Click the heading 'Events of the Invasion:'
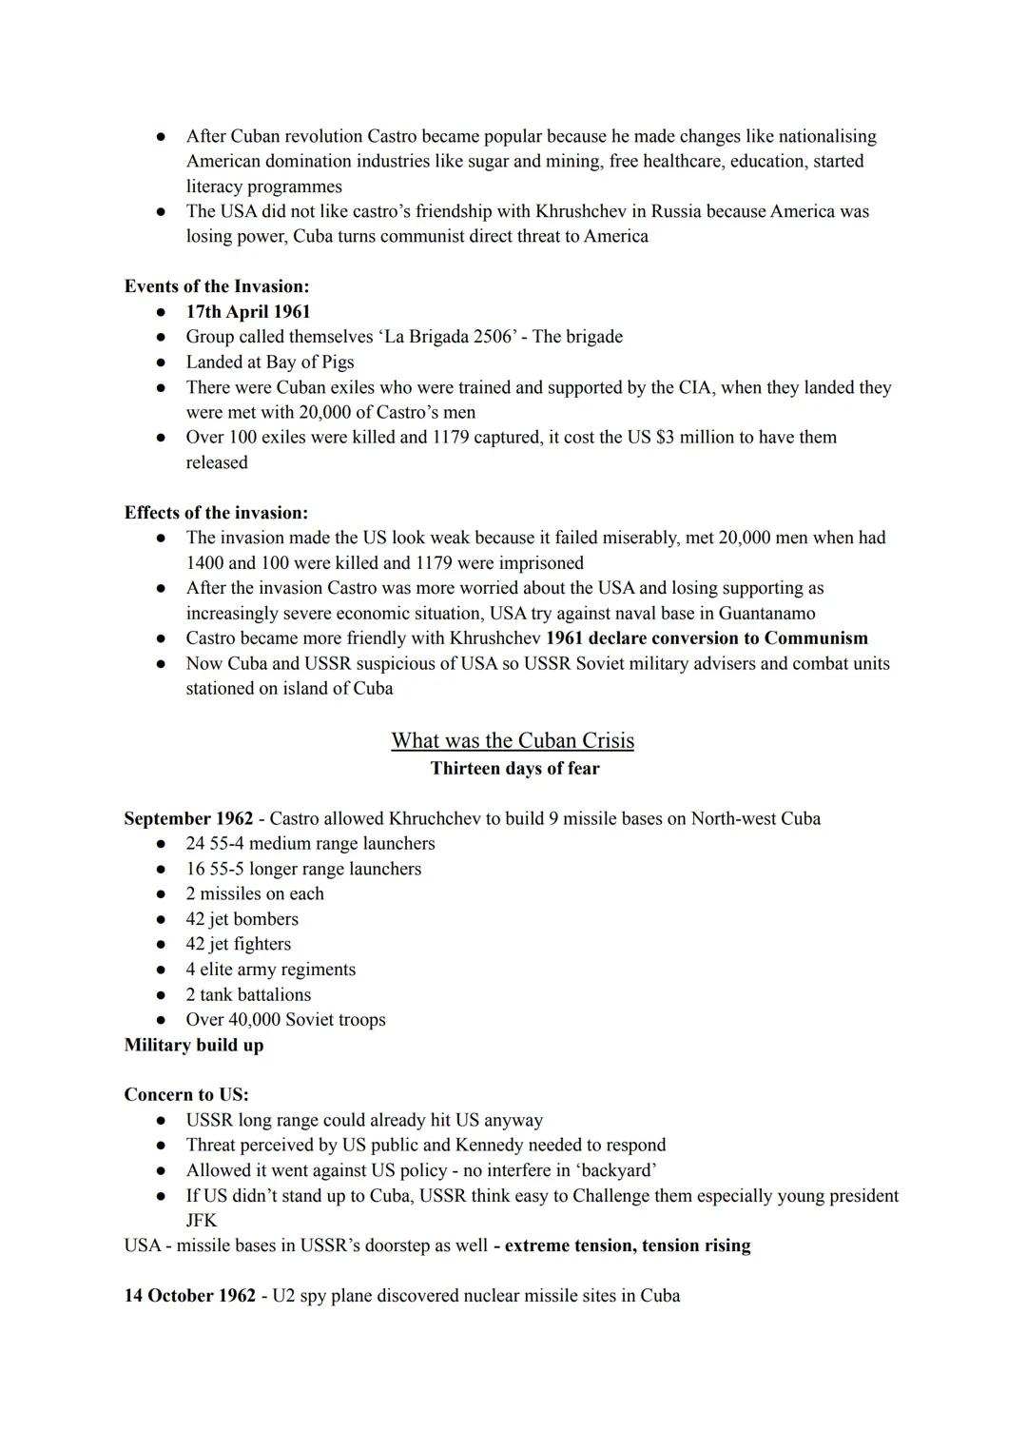click(216, 286)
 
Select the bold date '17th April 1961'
click(247, 312)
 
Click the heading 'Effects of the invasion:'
click(216, 513)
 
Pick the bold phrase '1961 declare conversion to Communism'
click(707, 638)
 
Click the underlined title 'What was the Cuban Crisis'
click(513, 740)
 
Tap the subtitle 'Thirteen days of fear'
click(514, 769)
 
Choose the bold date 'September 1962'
click(188, 819)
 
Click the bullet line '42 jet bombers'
click(242, 919)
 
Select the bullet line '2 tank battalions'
click(248, 995)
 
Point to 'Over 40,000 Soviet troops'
click(285, 1020)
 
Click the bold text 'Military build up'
click(194, 1046)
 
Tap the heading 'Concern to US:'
click(186, 1095)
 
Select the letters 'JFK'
click(202, 1221)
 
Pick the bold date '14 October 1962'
click(189, 1296)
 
